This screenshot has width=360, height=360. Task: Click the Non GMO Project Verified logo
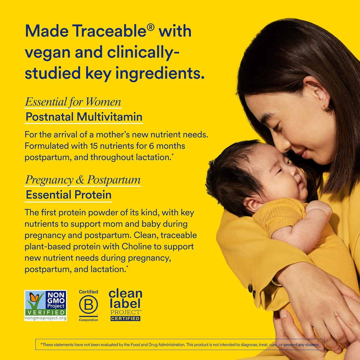[46, 305]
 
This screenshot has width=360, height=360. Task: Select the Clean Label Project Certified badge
[125, 305]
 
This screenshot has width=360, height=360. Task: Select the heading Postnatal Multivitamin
[84, 117]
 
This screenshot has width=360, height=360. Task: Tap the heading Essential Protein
[68, 195]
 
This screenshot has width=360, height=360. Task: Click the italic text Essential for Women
[73, 102]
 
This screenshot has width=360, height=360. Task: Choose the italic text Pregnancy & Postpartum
[82, 180]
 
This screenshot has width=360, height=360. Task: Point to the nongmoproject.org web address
[46, 318]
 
